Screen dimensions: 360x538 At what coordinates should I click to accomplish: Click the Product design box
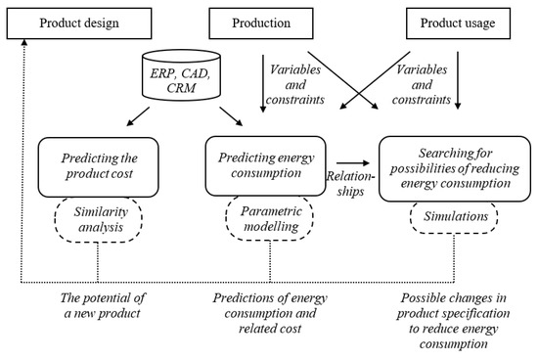click(76, 22)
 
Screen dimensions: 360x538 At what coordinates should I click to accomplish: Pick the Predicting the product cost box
click(99, 167)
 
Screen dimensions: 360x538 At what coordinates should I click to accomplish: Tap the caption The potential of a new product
click(98, 306)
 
